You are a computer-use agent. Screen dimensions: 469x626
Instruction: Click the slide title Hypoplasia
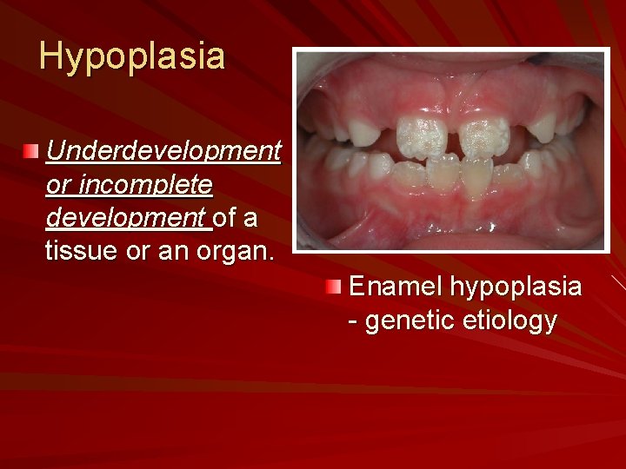(x=132, y=57)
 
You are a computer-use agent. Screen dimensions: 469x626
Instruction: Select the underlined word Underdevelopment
(x=163, y=151)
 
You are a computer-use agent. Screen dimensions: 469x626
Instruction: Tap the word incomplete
(x=145, y=184)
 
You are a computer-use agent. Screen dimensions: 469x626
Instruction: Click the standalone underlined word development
(x=129, y=217)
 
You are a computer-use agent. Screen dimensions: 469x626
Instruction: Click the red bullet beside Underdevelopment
(x=31, y=152)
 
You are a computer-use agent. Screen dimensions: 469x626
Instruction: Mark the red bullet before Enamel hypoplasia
(x=334, y=287)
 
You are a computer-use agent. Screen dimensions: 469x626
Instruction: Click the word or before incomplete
(x=58, y=184)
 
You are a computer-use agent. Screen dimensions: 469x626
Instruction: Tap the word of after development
(x=226, y=217)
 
